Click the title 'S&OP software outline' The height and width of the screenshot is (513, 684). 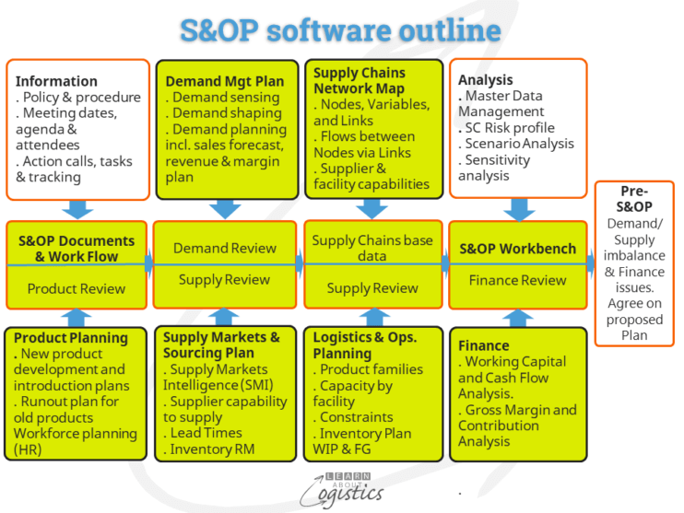click(x=341, y=29)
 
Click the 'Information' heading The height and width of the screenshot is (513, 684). click(x=56, y=81)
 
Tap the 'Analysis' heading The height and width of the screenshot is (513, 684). click(x=485, y=80)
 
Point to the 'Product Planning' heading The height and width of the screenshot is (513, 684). click(x=71, y=338)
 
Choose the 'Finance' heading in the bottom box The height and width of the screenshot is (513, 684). click(x=483, y=346)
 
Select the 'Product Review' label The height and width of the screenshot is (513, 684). click(x=77, y=288)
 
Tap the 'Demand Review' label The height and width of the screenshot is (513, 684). click(x=225, y=248)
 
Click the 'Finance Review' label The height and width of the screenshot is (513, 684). click(x=518, y=280)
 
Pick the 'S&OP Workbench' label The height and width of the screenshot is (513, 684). click(x=518, y=249)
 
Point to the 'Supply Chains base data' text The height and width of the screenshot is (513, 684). click(x=372, y=248)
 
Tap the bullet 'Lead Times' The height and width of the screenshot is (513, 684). click(x=206, y=433)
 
